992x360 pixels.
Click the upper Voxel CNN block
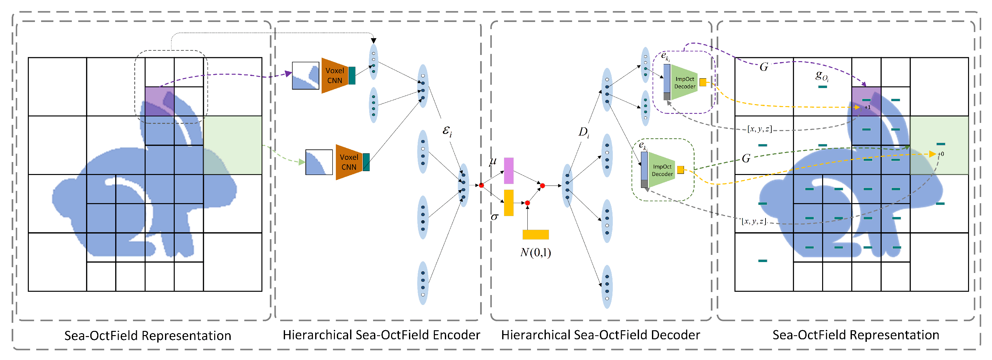coord(334,75)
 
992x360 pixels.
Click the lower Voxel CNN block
coord(348,162)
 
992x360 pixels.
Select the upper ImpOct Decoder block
coord(684,82)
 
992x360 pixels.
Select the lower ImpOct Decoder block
coord(662,170)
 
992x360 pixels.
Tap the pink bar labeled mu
coord(508,170)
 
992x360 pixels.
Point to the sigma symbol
coord(494,217)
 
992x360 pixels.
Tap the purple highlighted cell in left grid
coord(160,101)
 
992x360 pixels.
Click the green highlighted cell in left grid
coord(233,145)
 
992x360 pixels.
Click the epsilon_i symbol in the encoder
coord(447,131)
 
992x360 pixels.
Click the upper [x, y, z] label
coord(759,129)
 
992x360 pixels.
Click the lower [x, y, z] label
coord(754,221)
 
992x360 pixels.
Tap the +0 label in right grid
coord(941,154)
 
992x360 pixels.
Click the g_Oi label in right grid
coord(822,76)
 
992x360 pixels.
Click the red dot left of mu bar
coord(481,186)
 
